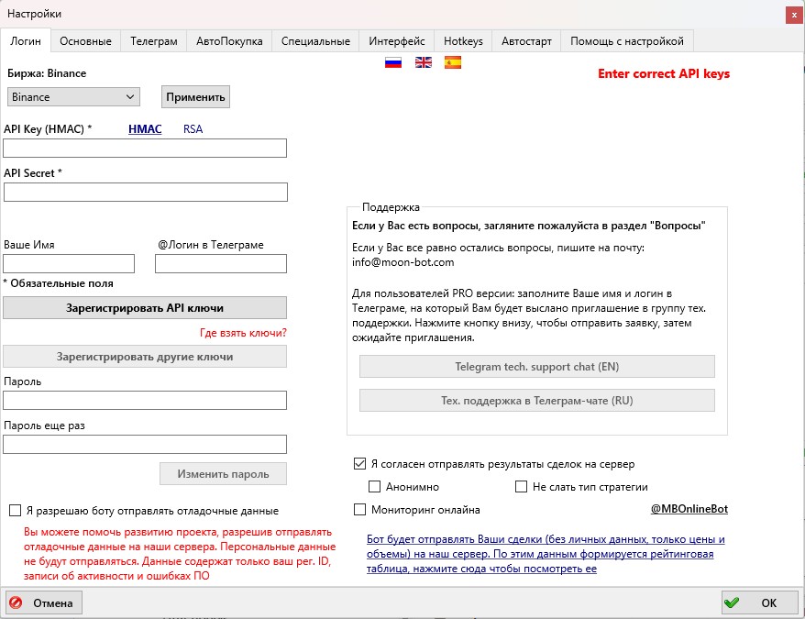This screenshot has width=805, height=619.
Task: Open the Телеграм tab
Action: click(153, 41)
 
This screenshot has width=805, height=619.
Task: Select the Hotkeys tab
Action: click(463, 41)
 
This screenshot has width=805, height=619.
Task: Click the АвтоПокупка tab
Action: click(229, 41)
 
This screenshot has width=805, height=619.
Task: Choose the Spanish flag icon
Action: click(453, 63)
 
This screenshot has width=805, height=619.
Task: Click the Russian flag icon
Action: click(393, 63)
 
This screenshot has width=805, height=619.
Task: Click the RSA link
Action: click(193, 129)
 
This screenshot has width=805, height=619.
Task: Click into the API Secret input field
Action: click(146, 192)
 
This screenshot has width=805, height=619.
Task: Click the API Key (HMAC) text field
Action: click(146, 149)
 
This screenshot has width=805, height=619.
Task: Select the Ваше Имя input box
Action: click(70, 264)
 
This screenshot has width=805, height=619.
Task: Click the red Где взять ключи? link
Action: click(243, 332)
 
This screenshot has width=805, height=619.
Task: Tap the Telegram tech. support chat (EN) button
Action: click(536, 367)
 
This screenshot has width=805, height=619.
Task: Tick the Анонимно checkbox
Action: click(374, 487)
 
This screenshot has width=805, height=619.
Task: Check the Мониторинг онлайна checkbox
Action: click(359, 510)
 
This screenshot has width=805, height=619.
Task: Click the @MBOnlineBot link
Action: click(689, 509)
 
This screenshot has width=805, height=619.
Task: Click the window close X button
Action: click(791, 14)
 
